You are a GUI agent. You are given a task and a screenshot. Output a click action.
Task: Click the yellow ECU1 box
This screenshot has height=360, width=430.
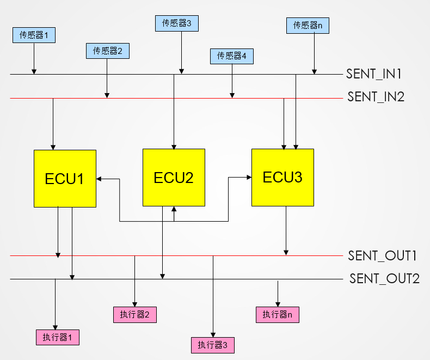65,178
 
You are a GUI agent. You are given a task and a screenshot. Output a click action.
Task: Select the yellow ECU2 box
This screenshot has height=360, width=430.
174,178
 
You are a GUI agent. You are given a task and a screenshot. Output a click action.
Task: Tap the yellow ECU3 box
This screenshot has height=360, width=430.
282,177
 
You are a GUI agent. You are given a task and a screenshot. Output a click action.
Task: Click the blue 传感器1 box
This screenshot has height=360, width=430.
34,35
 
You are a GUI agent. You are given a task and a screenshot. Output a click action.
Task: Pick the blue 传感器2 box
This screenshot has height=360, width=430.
107,51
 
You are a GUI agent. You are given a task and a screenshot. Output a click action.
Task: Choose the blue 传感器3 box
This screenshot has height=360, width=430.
176,23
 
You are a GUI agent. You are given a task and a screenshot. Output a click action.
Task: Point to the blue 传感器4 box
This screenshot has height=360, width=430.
231,56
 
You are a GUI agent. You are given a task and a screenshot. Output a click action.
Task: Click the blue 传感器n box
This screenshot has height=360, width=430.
308,25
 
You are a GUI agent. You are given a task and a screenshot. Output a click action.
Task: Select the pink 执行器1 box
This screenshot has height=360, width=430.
57,337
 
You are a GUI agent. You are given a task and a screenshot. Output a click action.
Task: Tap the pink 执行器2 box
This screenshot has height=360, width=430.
134,314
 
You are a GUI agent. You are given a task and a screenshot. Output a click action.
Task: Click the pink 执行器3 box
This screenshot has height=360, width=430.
212,345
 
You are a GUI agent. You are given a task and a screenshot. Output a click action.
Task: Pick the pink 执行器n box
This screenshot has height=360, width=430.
277,314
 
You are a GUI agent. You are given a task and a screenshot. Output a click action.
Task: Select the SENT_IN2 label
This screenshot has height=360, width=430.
376,97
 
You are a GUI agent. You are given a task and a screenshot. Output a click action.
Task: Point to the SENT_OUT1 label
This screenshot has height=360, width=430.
383,255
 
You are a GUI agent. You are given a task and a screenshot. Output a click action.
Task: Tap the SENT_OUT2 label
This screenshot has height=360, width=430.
384,279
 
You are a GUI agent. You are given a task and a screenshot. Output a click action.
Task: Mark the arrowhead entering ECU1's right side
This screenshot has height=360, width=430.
99,178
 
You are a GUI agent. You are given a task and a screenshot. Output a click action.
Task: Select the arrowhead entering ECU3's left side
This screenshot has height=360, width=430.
248,176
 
